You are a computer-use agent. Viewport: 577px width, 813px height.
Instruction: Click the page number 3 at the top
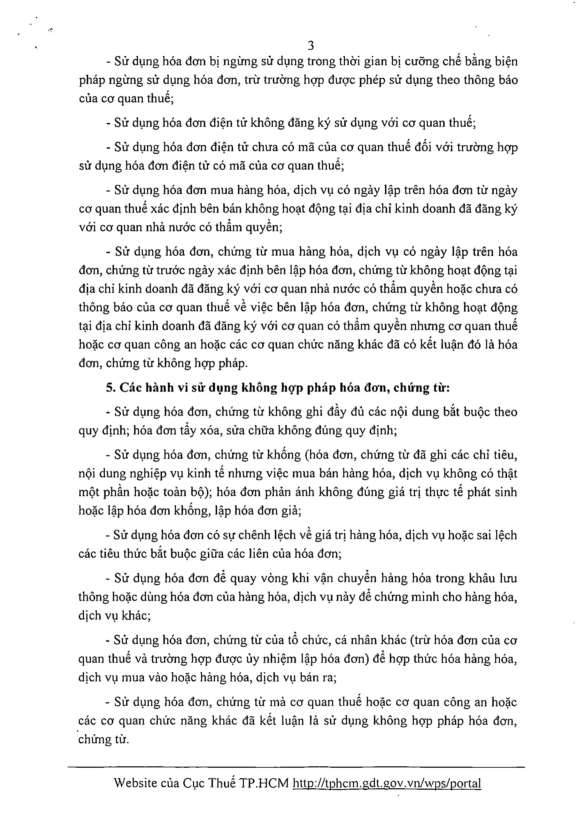310,46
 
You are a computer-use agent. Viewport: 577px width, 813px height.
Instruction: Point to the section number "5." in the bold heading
111,387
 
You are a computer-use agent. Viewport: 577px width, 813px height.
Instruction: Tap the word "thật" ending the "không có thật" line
506,473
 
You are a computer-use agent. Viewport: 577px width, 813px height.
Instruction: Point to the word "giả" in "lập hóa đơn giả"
292,511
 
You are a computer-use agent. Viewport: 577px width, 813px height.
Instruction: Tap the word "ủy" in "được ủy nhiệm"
252,659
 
